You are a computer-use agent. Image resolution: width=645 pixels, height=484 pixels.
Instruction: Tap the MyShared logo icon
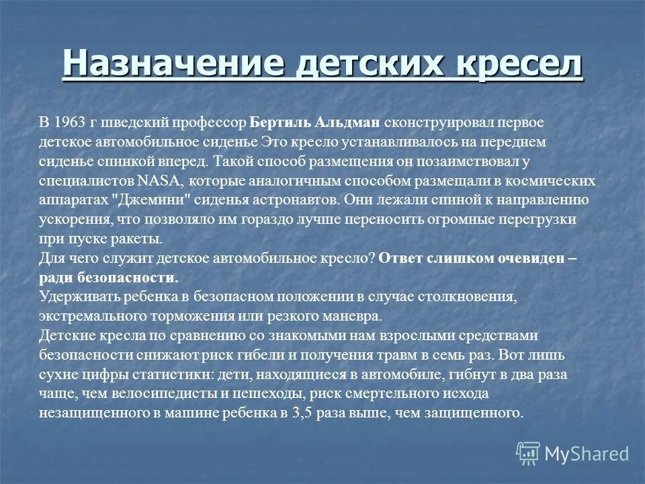point(528,454)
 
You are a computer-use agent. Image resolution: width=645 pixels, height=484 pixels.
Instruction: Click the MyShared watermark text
point(587,454)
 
